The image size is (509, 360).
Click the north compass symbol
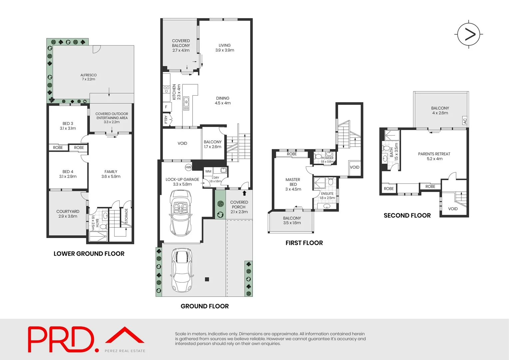tap(468, 34)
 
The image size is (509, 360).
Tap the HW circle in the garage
tap(188, 167)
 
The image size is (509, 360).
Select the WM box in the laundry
tap(208, 171)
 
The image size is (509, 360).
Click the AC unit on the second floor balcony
tap(465, 121)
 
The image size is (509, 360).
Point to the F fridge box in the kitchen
tap(166, 107)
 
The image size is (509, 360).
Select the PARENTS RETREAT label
tap(434, 156)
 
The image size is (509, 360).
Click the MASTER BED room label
tap(293, 184)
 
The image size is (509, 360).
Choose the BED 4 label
tap(68, 174)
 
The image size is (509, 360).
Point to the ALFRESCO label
tap(89, 77)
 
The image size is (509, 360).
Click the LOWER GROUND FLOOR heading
tap(89, 254)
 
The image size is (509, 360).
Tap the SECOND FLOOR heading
tap(407, 216)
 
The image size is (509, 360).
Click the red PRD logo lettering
tap(61, 339)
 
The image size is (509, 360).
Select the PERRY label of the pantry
tap(166, 119)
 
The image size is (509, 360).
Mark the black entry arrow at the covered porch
tap(245, 193)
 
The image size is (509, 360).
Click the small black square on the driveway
tap(207, 279)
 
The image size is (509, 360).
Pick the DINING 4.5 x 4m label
tap(223, 101)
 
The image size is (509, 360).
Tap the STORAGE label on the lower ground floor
tap(126, 216)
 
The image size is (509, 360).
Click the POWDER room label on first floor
tap(327, 158)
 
